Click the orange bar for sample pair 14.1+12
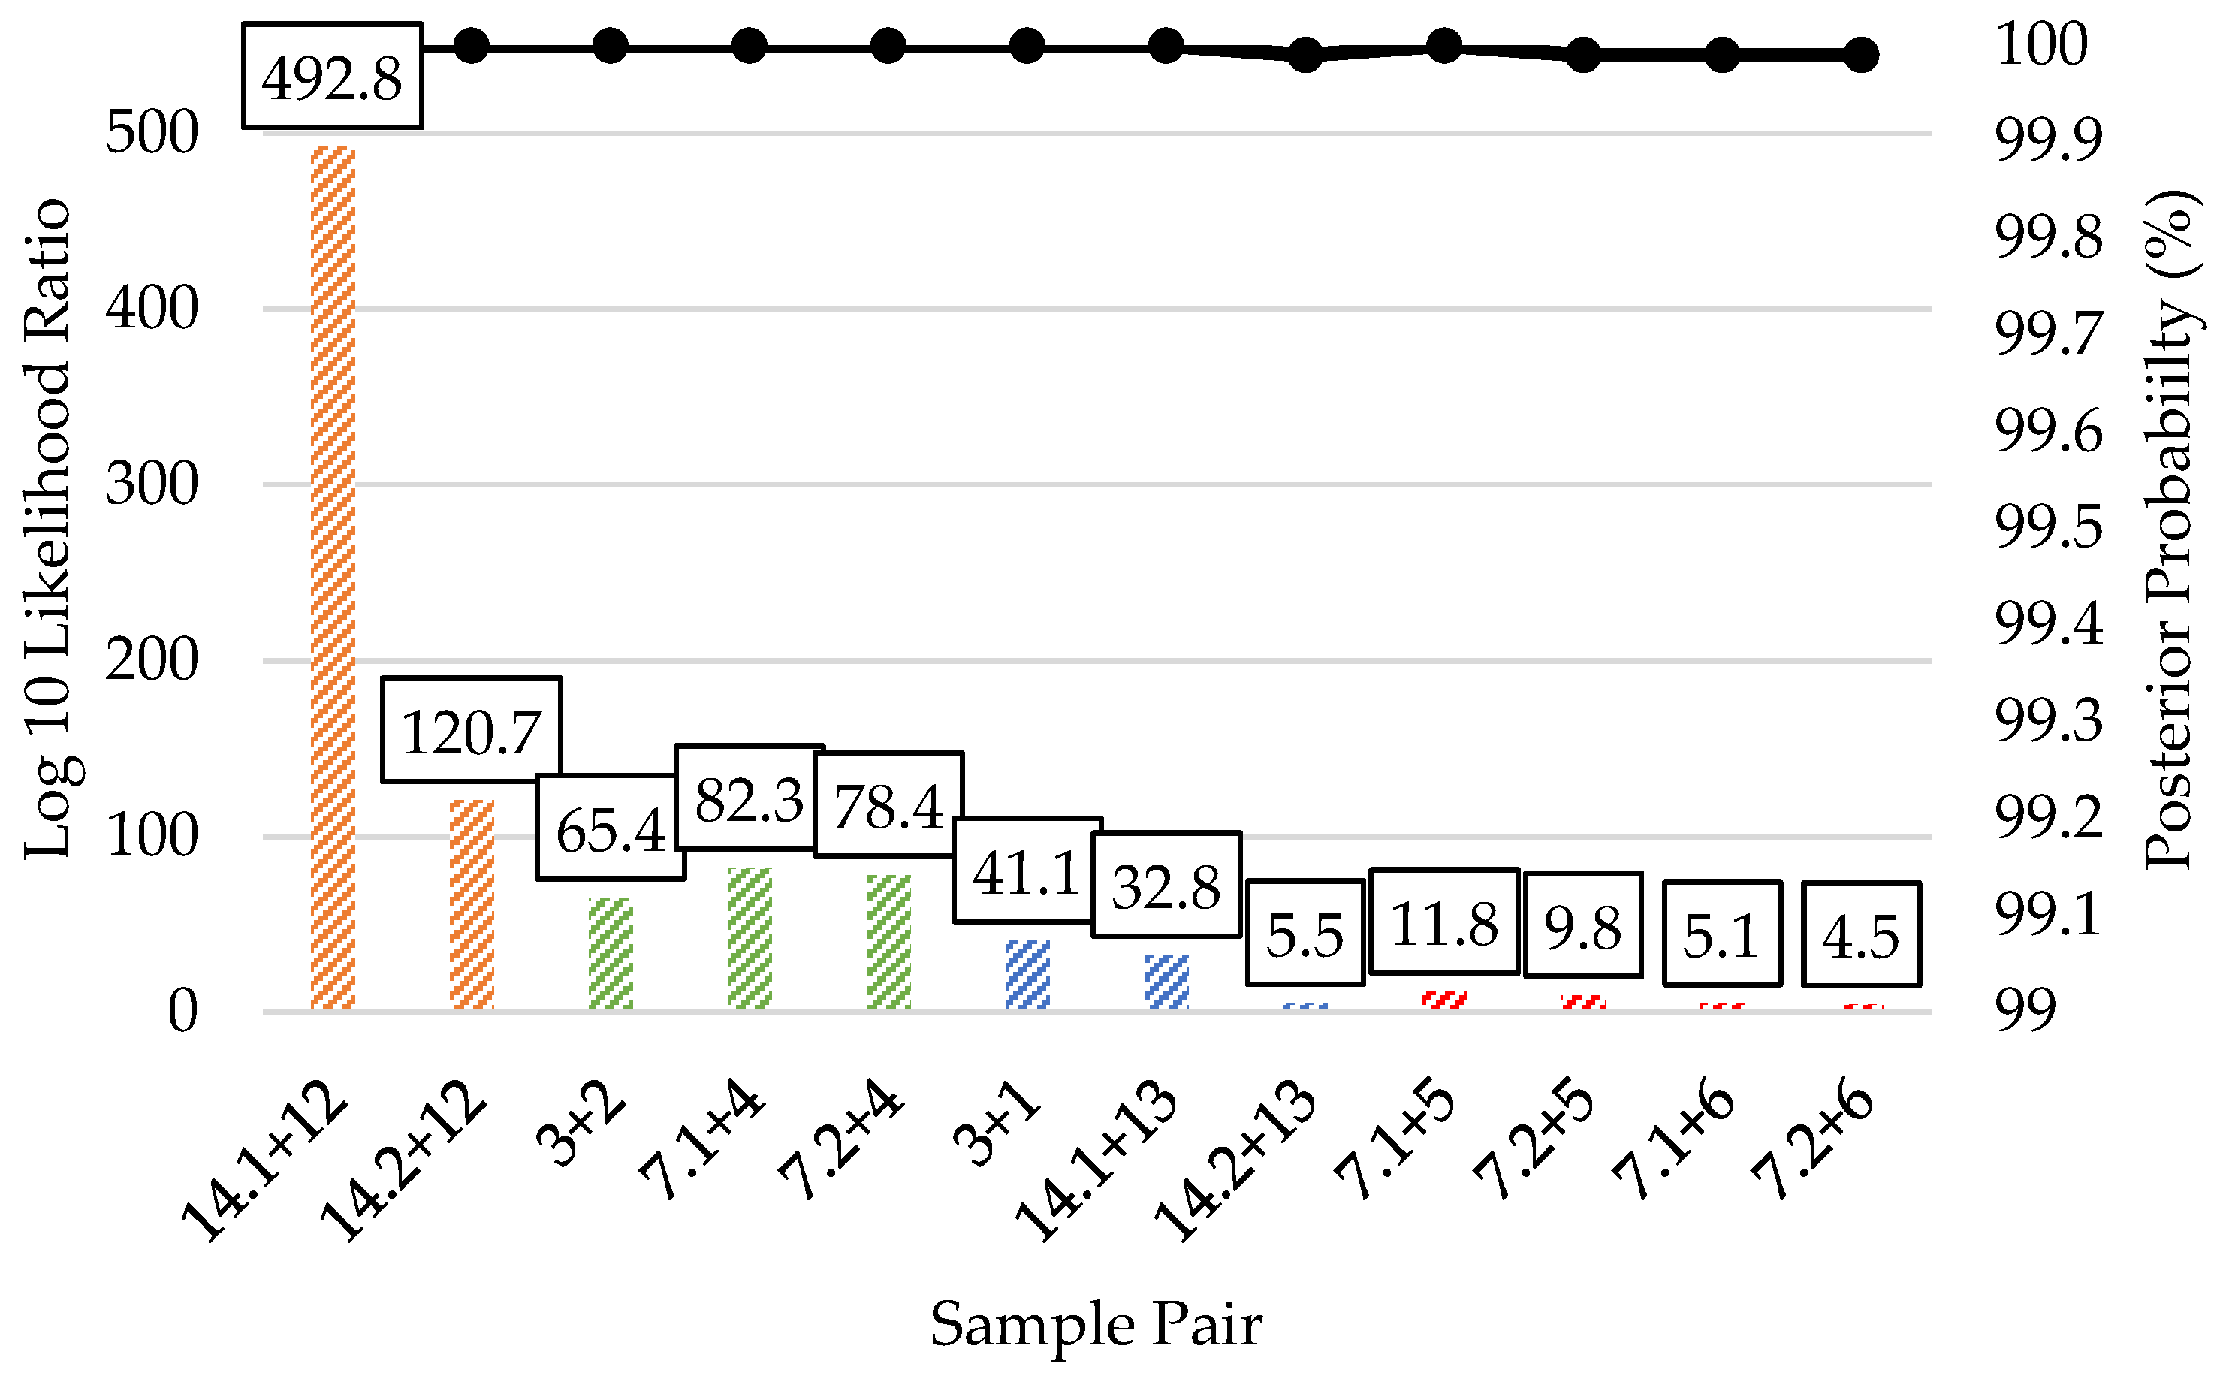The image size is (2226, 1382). click(333, 576)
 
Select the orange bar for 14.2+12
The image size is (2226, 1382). click(472, 905)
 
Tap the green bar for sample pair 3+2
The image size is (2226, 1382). click(611, 953)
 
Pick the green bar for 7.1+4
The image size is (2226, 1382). click(750, 939)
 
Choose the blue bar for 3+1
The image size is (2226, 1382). click(1027, 974)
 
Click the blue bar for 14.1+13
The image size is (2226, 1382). click(1166, 982)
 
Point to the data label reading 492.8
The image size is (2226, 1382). click(332, 77)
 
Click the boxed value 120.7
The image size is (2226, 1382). click(472, 730)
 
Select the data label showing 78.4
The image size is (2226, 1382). click(888, 805)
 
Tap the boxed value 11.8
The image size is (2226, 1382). click(1443, 922)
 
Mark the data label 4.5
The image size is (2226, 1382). click(1860, 935)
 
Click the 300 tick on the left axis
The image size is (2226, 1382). click(151, 484)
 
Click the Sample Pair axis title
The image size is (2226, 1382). click(1096, 1323)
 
